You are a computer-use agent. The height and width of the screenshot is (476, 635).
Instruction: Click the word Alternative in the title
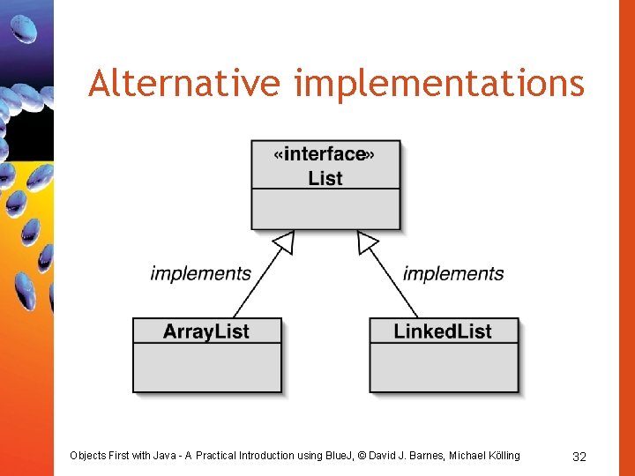183,84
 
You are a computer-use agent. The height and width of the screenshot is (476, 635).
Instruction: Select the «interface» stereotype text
325,154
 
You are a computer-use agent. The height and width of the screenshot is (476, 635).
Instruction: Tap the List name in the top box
325,178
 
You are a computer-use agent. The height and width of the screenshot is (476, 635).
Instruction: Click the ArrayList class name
206,331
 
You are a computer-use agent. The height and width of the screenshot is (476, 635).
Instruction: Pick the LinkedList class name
443,331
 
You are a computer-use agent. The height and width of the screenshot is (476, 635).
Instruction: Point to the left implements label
200,273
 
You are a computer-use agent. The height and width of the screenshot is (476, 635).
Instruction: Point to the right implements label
453,273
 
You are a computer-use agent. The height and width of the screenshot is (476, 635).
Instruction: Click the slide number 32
579,457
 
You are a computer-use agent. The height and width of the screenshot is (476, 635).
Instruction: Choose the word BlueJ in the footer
336,456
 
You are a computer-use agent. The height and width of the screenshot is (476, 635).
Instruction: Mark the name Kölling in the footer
501,456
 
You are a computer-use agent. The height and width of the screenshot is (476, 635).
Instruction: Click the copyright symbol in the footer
360,456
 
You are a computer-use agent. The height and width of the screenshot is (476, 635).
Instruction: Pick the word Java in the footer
167,456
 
